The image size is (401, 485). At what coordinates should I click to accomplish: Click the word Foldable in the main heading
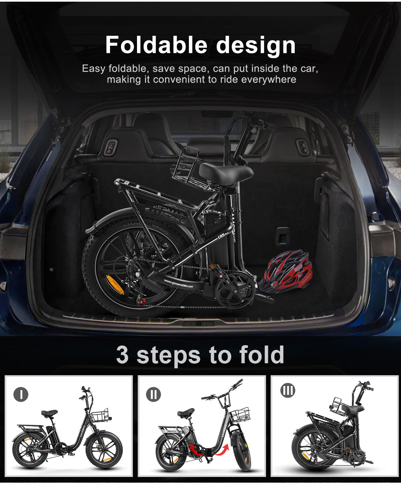156,45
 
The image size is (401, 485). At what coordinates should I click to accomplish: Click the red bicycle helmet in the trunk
286,271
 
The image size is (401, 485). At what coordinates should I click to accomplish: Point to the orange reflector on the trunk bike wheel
115,284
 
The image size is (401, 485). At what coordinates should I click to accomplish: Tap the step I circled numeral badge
21,395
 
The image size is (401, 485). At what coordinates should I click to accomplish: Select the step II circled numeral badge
153,395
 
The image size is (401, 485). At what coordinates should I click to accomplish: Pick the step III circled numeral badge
287,390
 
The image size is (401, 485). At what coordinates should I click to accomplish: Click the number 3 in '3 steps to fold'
122,355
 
